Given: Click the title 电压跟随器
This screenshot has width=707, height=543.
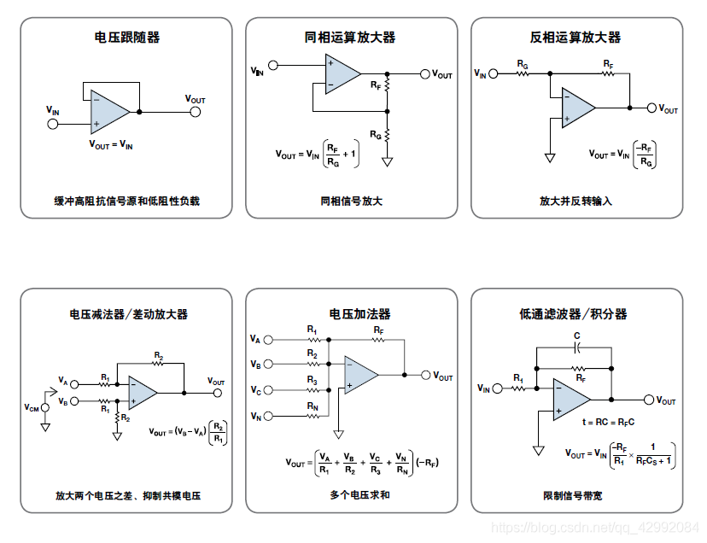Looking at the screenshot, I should pyautogui.click(x=126, y=38).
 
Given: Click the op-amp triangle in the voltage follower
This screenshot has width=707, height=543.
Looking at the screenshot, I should pyautogui.click(x=108, y=111).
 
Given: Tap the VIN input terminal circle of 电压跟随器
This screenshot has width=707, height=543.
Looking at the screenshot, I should pyautogui.click(x=53, y=124).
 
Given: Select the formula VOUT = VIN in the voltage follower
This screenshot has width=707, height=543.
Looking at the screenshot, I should pyautogui.click(x=111, y=145).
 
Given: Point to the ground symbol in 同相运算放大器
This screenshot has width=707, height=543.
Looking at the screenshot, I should pyautogui.click(x=387, y=161).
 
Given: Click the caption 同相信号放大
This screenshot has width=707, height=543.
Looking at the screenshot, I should pyautogui.click(x=351, y=201).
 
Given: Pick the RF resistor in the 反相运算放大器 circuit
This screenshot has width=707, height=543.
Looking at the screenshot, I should pyautogui.click(x=608, y=74).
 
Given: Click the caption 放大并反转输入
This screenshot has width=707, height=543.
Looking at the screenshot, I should pyautogui.click(x=576, y=201).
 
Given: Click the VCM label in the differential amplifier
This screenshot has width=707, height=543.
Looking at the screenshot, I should pyautogui.click(x=31, y=407).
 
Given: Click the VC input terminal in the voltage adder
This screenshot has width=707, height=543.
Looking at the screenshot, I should pyautogui.click(x=270, y=390).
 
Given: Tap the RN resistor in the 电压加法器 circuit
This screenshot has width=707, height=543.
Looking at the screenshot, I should pyautogui.click(x=312, y=416).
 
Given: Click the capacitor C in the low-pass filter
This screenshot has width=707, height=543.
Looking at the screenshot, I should pyautogui.click(x=577, y=347).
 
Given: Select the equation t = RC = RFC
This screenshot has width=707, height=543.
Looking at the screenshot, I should pyautogui.click(x=608, y=422).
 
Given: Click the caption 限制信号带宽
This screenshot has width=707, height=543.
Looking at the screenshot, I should pyautogui.click(x=572, y=495).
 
